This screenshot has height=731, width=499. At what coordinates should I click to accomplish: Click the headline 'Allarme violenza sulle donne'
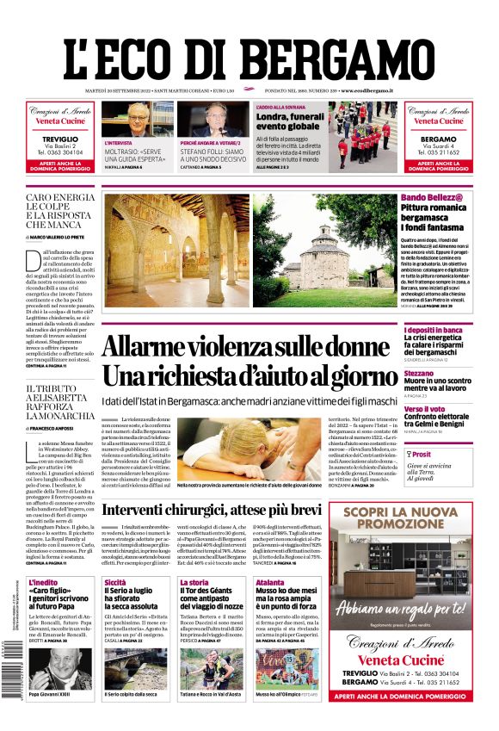[246, 346]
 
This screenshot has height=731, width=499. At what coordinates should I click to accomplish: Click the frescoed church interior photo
[175, 250]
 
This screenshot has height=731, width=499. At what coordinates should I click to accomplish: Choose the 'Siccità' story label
[115, 583]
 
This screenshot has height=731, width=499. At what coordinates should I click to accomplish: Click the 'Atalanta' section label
[269, 583]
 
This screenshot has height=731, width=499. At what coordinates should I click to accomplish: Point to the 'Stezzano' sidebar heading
[418, 374]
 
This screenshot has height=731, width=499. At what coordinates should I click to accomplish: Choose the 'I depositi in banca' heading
[433, 330]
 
